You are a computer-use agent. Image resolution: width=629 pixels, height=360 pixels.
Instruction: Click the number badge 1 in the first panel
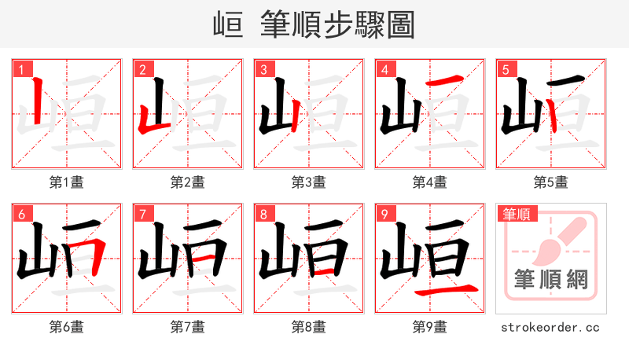[21, 69]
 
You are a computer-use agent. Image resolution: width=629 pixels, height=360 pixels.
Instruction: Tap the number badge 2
[142, 69]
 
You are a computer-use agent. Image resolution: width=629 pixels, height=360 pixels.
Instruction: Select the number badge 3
[263, 69]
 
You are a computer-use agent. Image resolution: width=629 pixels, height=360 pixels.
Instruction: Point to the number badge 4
[384, 69]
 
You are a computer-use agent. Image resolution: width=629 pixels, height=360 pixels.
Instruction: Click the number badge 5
[506, 69]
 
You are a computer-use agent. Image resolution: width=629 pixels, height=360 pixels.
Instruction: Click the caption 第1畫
[66, 182]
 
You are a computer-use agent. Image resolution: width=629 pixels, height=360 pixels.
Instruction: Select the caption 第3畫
[308, 182]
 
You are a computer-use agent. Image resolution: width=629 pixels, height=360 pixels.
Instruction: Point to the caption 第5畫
[550, 182]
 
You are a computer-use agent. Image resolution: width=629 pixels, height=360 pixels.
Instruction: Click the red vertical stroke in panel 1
[36, 102]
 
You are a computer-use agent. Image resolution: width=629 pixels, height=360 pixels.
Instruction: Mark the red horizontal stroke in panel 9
[445, 290]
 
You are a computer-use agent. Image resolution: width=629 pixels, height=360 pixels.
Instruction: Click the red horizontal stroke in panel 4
[445, 81]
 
